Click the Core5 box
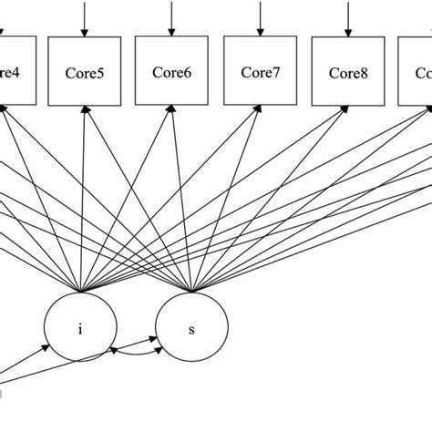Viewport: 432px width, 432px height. pyautogui.click(x=84, y=70)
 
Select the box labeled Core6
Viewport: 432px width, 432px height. pyautogui.click(x=170, y=70)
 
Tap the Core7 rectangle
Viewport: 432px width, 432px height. pyautogui.click(x=259, y=70)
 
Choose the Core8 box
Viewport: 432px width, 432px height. pyautogui.click(x=347, y=70)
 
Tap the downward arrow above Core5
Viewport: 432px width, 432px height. pyautogui.click(x=84, y=18)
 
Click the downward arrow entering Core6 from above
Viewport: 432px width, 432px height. pyautogui.click(x=170, y=18)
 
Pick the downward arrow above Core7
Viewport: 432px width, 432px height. pyautogui.click(x=259, y=18)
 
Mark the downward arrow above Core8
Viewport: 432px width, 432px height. pyautogui.click(x=347, y=18)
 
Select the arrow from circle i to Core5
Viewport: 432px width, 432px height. pyautogui.click(x=83, y=201)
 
